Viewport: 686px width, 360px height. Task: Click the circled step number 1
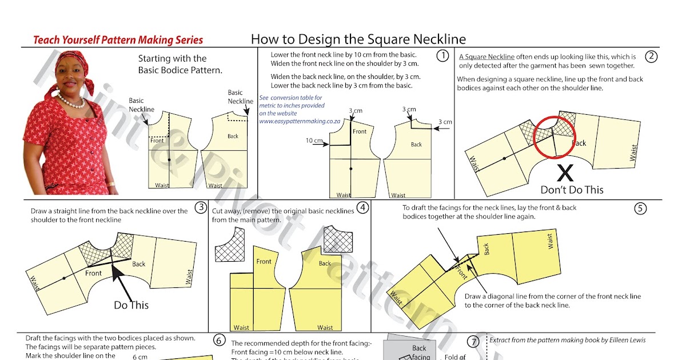pos(441,56)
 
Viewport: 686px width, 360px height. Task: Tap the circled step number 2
pos(651,56)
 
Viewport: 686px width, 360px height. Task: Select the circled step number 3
pos(200,207)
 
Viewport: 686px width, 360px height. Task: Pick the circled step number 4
pos(362,207)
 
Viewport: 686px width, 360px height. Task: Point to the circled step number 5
pos(640,209)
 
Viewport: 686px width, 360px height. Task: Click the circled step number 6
pos(219,341)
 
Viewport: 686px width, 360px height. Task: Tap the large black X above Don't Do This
pos(565,173)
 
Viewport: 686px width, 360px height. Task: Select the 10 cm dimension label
pos(314,141)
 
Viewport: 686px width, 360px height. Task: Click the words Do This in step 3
pos(131,305)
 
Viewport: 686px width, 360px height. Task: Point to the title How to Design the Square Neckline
pos(358,39)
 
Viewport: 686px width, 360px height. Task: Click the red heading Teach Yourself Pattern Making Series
pos(118,40)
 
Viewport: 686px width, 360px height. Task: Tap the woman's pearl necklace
pos(71,102)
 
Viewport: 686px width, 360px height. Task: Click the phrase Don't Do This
pos(572,190)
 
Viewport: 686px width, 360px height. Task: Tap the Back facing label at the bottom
pos(420,352)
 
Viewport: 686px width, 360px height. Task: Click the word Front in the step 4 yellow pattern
pos(264,261)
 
